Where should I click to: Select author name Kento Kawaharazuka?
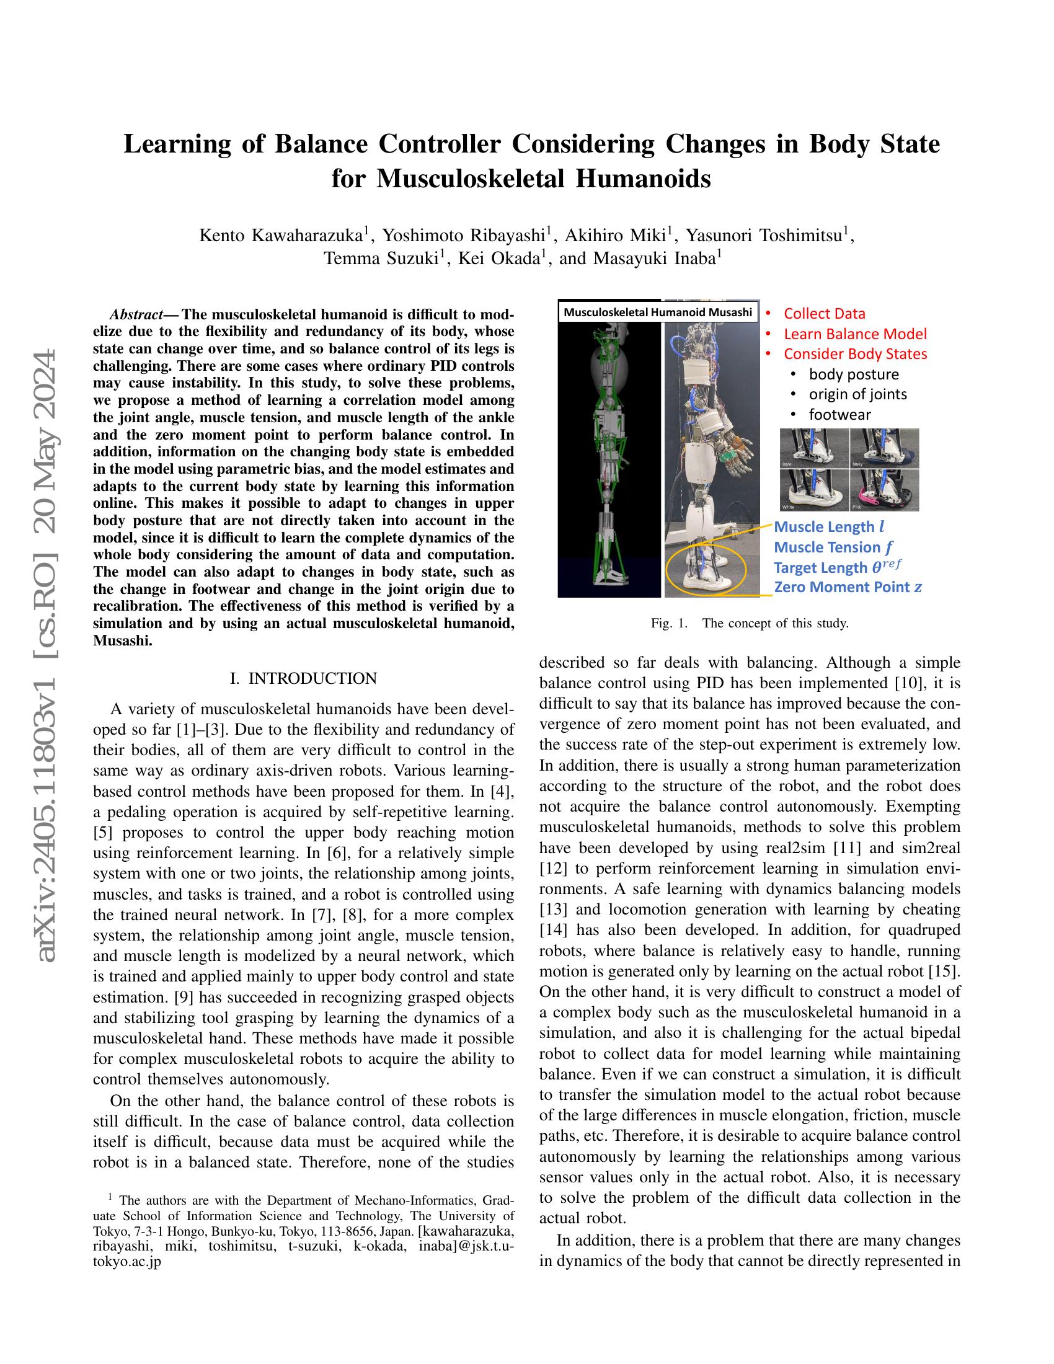tap(281, 236)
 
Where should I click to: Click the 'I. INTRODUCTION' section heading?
tap(303, 678)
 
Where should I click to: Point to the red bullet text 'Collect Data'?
tap(824, 314)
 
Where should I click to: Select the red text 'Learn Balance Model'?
tap(855, 334)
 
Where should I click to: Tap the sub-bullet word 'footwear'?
tap(839, 414)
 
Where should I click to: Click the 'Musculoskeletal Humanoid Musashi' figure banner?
tap(658, 312)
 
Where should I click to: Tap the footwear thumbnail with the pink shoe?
tap(884, 491)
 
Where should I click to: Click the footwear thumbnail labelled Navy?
tap(884, 448)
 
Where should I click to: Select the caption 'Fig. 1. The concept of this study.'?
tap(750, 623)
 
